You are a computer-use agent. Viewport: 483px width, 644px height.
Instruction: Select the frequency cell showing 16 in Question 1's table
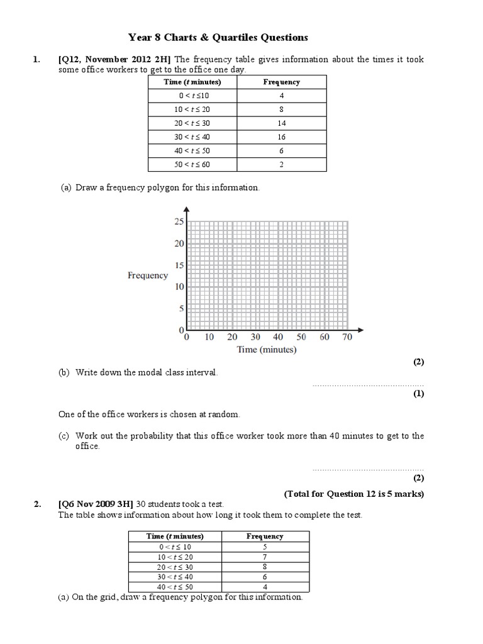click(281, 137)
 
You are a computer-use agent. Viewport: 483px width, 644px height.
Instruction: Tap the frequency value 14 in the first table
click(281, 123)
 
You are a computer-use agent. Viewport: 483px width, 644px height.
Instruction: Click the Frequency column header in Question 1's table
click(281, 82)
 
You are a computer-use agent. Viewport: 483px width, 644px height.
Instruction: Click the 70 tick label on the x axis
click(347, 338)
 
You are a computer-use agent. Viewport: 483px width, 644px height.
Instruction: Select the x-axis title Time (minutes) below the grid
click(266, 350)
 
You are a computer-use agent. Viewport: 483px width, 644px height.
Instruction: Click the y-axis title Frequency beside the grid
click(148, 275)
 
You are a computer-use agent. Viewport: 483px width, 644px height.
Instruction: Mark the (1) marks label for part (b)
click(418, 394)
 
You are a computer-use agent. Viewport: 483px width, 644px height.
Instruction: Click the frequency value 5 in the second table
click(264, 547)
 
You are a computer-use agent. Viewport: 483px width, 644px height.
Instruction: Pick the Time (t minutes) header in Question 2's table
click(175, 536)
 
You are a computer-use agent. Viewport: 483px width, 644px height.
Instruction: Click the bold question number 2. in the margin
click(37, 504)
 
